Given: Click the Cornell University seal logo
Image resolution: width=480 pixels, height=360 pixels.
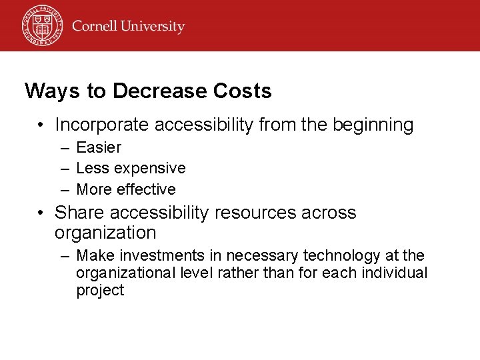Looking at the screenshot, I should coord(41,26).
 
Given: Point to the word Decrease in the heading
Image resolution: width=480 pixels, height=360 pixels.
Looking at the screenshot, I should coord(147,91).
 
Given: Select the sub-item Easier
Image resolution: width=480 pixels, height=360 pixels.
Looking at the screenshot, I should coord(99,147).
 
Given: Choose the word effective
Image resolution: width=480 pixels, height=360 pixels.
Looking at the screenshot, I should coord(146,189).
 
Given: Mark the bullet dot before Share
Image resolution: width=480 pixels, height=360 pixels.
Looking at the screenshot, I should coord(41,213).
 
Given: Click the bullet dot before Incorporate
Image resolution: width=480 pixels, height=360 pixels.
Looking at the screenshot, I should coord(41,125).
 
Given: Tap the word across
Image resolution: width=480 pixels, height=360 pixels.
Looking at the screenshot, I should coord(329,213).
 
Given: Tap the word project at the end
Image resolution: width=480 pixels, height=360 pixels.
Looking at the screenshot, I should coord(100,291).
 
